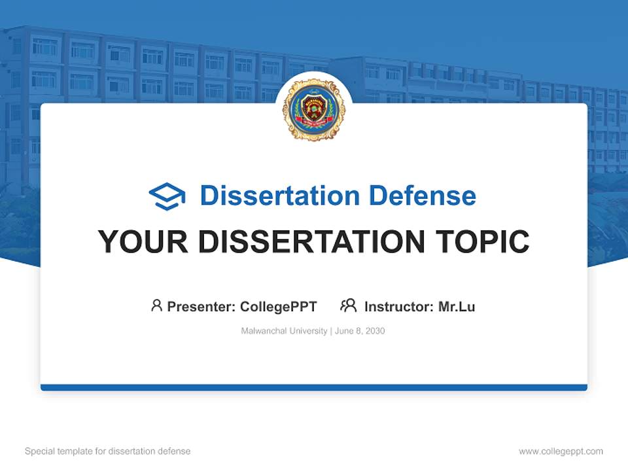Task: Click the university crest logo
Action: click(313, 109)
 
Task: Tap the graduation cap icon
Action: click(167, 196)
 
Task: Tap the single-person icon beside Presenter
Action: click(156, 305)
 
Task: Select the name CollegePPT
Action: click(279, 307)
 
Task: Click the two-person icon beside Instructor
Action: click(348, 305)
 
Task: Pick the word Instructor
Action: click(398, 307)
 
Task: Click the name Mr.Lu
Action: click(457, 307)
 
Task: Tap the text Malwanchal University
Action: click(284, 331)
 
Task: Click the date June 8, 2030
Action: click(360, 331)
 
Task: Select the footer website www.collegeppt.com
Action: click(561, 451)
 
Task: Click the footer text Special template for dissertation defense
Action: click(108, 451)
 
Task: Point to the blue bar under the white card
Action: click(313, 387)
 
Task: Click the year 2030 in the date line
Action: click(375, 331)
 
